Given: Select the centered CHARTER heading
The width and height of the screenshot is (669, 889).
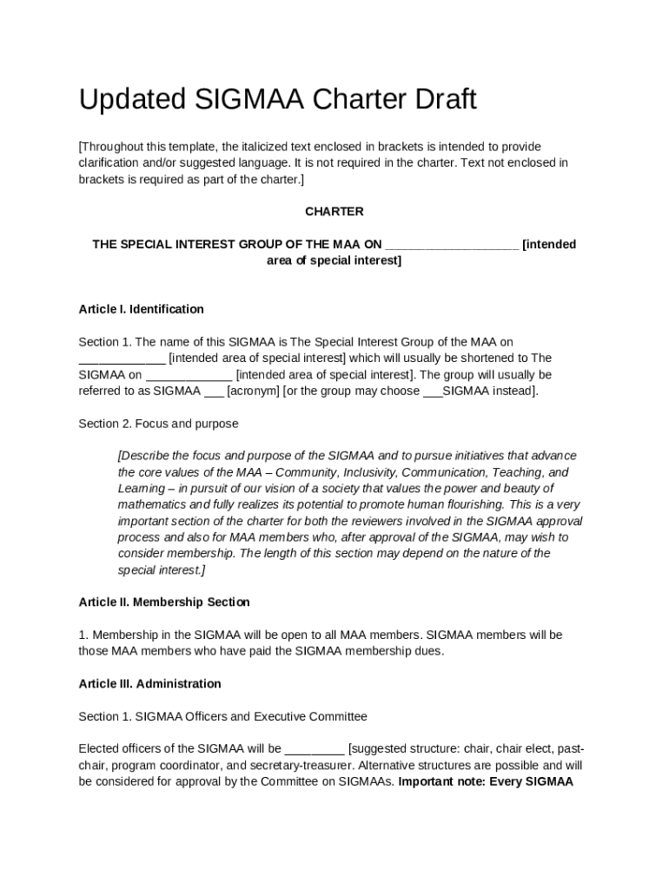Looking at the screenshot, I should [334, 212].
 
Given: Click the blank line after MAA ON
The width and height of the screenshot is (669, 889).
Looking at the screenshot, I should [452, 245].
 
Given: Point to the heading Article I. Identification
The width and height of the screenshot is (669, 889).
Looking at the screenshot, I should [141, 309].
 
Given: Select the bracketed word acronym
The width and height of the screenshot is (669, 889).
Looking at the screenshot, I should [254, 391].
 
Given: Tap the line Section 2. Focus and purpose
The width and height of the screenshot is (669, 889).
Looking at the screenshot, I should [158, 424].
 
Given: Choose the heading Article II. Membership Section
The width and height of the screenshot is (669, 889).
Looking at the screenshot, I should [163, 603].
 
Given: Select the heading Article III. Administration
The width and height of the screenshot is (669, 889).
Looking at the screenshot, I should [149, 684].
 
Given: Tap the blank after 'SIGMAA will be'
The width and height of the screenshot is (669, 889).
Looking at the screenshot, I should [315, 749].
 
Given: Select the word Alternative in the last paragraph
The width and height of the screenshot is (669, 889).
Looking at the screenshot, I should [387, 766].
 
